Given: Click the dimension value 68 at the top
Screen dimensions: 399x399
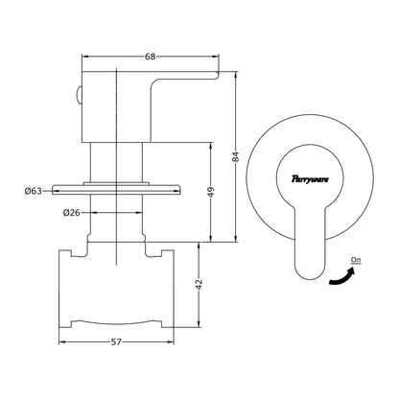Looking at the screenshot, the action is click(x=150, y=57).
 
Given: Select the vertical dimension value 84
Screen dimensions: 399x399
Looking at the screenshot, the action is click(x=236, y=156).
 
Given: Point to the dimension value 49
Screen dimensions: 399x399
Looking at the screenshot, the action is click(x=211, y=192).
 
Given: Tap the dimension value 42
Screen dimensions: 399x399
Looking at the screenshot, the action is click(x=199, y=285).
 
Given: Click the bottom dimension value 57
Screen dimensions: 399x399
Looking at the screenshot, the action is click(x=116, y=341).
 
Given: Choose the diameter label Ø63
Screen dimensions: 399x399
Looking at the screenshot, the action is click(x=34, y=191).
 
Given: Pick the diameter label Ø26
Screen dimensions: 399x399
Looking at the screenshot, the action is click(x=72, y=212).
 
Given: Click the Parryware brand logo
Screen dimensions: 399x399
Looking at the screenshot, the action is click(x=310, y=178).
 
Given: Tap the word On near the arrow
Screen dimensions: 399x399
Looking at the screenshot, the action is click(x=356, y=260).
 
